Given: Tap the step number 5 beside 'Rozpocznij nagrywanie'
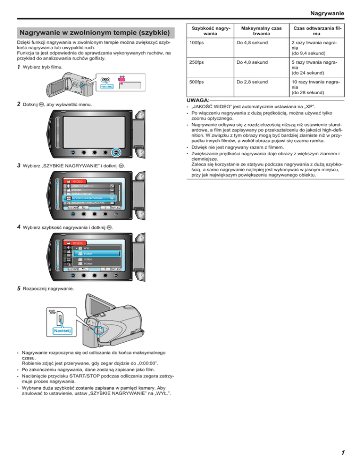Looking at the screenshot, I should [x=18, y=289].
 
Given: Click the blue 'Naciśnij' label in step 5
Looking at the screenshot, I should [x=62, y=332].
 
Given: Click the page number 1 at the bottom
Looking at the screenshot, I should [x=343, y=452].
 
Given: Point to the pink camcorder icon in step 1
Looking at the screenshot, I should [x=123, y=78].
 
